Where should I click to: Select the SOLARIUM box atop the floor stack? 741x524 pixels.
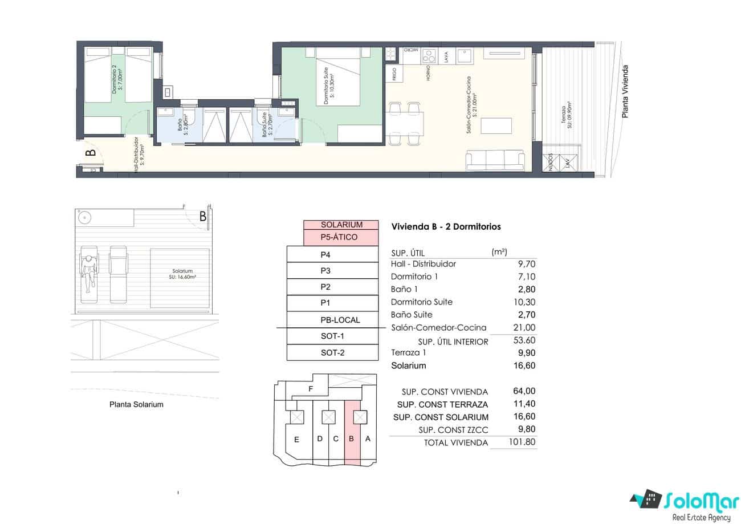[341, 225]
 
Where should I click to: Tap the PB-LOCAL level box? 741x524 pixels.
[332, 320]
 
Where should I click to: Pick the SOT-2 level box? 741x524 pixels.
[332, 352]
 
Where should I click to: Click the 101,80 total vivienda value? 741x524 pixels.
[521, 442]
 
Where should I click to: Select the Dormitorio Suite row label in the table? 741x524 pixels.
[422, 302]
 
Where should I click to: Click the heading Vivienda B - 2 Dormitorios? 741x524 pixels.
[446, 226]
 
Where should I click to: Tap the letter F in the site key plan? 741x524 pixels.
[310, 389]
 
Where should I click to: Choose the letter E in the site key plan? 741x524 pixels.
[296, 439]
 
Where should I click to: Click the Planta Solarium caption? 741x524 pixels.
[136, 404]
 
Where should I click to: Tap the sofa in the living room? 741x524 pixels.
[495, 160]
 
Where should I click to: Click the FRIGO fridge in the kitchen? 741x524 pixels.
[392, 74]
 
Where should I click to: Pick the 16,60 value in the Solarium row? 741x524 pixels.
[524, 365]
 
